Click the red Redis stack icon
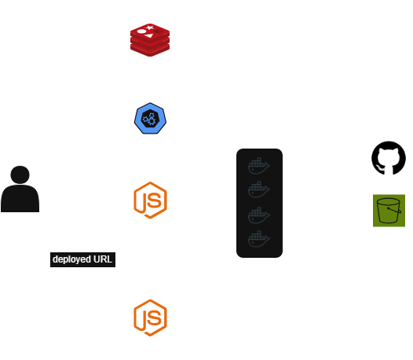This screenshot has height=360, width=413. [x=150, y=40]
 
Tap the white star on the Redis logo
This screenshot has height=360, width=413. [x=150, y=28]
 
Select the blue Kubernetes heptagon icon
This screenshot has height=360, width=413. [x=150, y=119]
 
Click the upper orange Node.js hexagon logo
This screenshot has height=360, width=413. [x=151, y=200]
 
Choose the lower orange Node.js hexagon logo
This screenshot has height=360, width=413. [x=151, y=318]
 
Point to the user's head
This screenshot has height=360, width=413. [x=20, y=174]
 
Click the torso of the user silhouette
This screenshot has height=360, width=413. [x=20, y=198]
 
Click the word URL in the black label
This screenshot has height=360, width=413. [x=103, y=259]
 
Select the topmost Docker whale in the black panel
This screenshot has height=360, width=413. [x=259, y=166]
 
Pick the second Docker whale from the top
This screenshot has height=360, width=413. [x=259, y=189]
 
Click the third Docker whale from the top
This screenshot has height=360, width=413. [x=259, y=215]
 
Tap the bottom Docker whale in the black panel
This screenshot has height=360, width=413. [x=259, y=239]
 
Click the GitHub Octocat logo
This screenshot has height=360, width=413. [x=389, y=158]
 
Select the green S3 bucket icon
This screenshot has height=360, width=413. [x=389, y=211]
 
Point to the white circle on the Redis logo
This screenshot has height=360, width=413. [x=141, y=31]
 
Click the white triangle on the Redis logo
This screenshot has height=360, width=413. [x=149, y=35]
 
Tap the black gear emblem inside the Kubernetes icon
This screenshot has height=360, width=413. [x=150, y=119]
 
